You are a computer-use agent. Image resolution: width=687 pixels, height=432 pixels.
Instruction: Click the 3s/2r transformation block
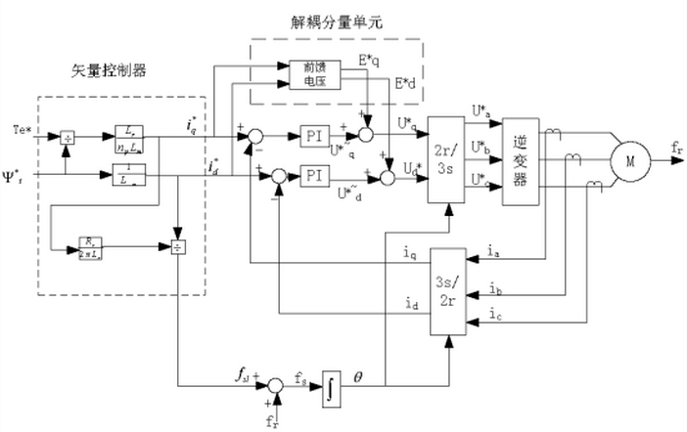point(446,293)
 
